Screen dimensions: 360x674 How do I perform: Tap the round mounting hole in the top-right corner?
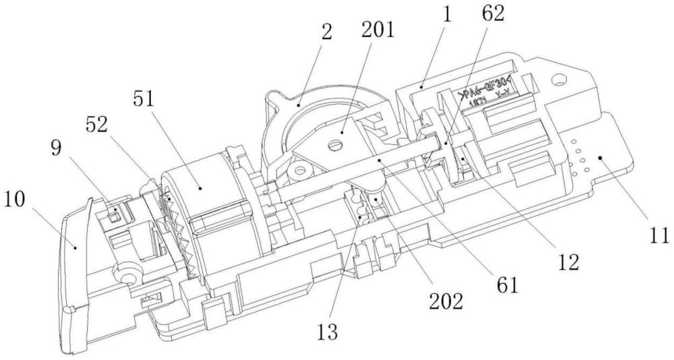559,82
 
